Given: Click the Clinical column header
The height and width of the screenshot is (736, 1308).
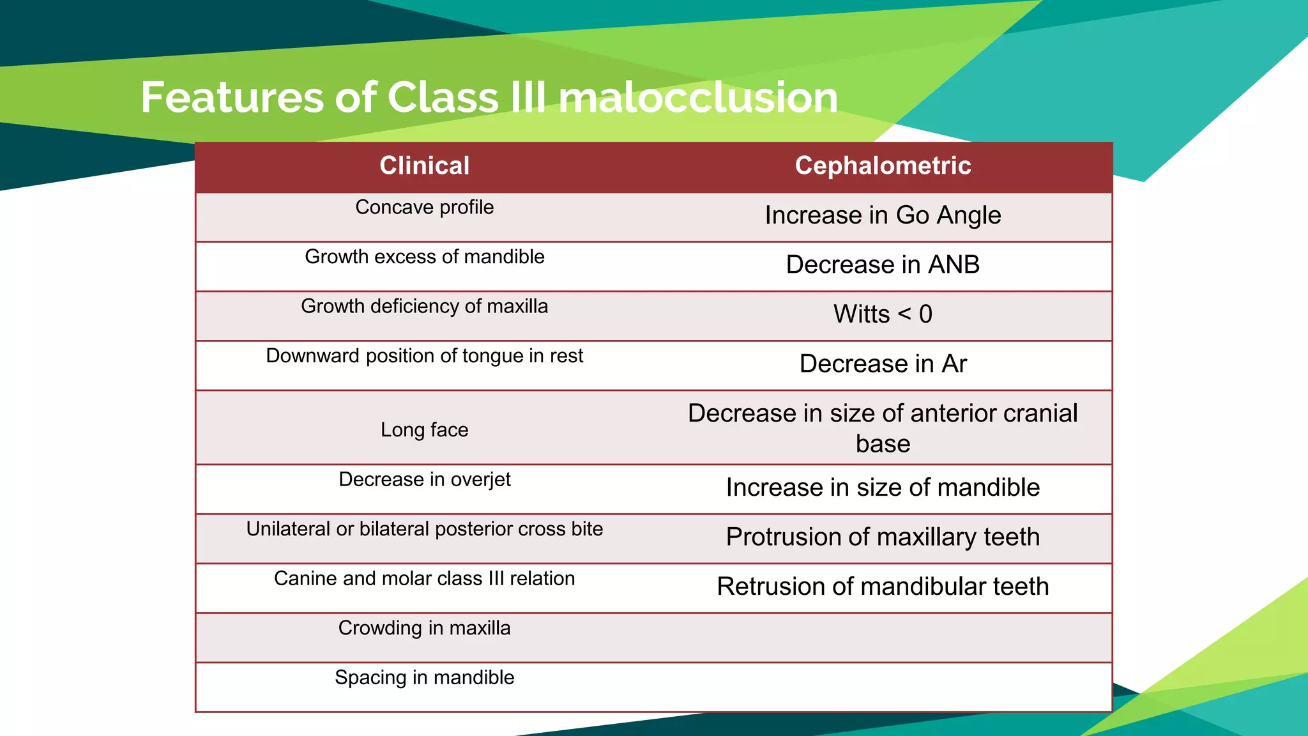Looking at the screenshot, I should pyautogui.click(x=424, y=166).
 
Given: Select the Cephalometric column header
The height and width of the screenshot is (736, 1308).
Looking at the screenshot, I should pyautogui.click(x=883, y=166).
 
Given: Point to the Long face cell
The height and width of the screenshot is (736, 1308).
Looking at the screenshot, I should pyautogui.click(x=424, y=430).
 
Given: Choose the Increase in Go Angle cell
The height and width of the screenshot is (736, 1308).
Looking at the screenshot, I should pyautogui.click(x=883, y=216).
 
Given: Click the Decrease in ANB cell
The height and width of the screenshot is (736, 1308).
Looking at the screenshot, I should pyautogui.click(x=883, y=265).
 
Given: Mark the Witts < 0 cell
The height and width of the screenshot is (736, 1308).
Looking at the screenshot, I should pyautogui.click(x=883, y=314).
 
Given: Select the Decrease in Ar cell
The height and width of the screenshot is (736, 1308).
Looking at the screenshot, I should pyautogui.click(x=883, y=364).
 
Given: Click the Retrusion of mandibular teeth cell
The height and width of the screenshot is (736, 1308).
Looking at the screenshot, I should pyautogui.click(x=883, y=586).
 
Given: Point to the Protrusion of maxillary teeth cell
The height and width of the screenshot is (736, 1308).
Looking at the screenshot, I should pyautogui.click(x=883, y=537).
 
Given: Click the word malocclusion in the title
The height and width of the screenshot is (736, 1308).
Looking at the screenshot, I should pyautogui.click(x=697, y=98).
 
